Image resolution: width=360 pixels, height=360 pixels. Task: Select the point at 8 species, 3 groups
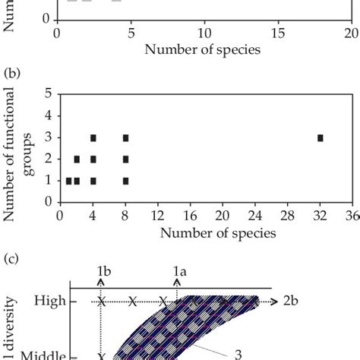(x=125, y=137)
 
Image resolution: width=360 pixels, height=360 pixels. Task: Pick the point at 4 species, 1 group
(x=93, y=181)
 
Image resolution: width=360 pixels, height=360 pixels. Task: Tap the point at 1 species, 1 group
(x=68, y=181)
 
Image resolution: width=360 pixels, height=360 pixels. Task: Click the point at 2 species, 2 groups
(x=77, y=159)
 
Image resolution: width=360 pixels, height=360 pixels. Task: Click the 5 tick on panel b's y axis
(x=48, y=94)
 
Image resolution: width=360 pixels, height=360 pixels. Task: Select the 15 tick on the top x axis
(x=278, y=34)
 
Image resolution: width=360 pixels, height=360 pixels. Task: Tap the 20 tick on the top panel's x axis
(x=351, y=34)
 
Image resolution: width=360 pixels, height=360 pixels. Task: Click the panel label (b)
(x=12, y=74)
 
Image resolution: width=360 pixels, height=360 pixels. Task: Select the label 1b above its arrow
(x=105, y=270)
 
